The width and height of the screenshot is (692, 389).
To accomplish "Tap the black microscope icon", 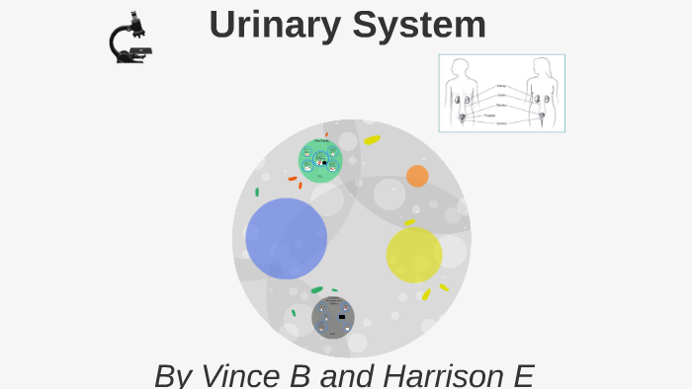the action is pos(129,39).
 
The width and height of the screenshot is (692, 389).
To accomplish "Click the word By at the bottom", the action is pos(173,375).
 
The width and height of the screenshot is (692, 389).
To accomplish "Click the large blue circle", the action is pos(286,238).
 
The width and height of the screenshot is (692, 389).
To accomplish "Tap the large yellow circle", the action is pos(413,255).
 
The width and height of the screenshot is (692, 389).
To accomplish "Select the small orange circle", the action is pos(417,176).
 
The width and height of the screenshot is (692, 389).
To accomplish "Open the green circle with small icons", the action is pos(320,161).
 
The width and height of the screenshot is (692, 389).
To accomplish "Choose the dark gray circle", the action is pos(333,317).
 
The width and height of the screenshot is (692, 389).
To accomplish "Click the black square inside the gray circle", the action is pos(342,317).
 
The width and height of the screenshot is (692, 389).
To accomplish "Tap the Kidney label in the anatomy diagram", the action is pos(501,86).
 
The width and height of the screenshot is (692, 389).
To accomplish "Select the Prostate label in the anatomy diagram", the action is pos(490,116).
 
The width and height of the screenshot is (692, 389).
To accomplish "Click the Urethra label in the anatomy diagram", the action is pos(501,123).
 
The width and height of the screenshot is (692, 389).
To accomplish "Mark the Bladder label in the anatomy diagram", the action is pos(501,105).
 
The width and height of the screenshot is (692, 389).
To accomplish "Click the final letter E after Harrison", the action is pos(523,375).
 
